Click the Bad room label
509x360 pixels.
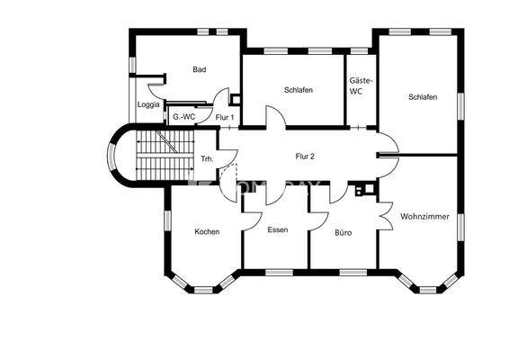(x=200, y=69)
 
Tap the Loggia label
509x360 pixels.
(x=148, y=104)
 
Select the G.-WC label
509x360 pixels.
(x=183, y=117)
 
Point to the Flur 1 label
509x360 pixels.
(x=225, y=117)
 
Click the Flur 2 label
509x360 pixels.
(x=305, y=156)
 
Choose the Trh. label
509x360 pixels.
(x=207, y=161)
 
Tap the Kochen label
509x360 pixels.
(x=207, y=231)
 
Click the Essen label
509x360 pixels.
(x=278, y=230)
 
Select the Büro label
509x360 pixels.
(x=343, y=232)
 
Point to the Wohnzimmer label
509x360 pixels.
(x=425, y=217)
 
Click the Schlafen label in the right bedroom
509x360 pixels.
(x=422, y=97)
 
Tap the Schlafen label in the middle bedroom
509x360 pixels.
(x=298, y=89)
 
